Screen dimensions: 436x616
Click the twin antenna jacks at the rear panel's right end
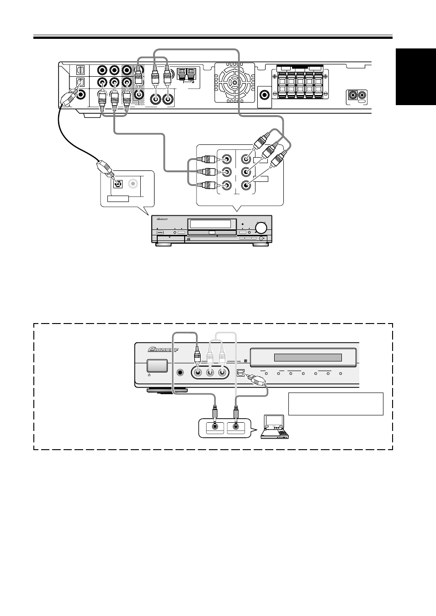point(357,96)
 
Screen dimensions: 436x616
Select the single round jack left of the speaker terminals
point(265,95)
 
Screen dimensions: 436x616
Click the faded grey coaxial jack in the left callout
point(133,184)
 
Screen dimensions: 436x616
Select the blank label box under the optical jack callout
point(118,198)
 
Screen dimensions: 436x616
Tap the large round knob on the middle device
point(261,228)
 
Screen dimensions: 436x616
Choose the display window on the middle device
point(210,224)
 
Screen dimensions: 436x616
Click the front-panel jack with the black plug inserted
point(197,372)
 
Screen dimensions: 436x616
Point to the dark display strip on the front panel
point(308,357)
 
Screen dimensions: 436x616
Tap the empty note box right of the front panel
point(335,404)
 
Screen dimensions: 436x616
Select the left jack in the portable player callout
point(214,427)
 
